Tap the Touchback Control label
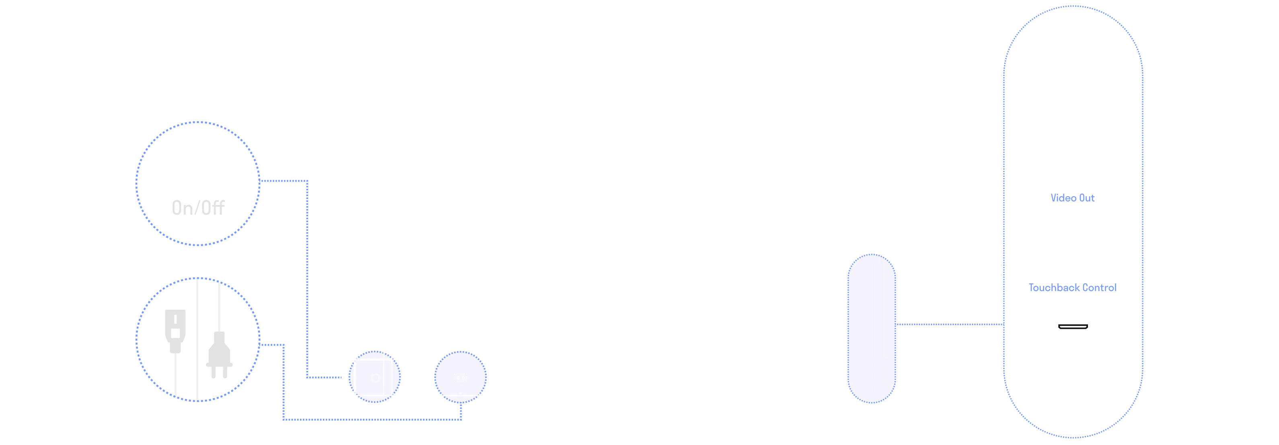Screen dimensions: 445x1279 click(x=1072, y=288)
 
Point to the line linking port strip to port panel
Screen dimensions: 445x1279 click(x=948, y=324)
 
